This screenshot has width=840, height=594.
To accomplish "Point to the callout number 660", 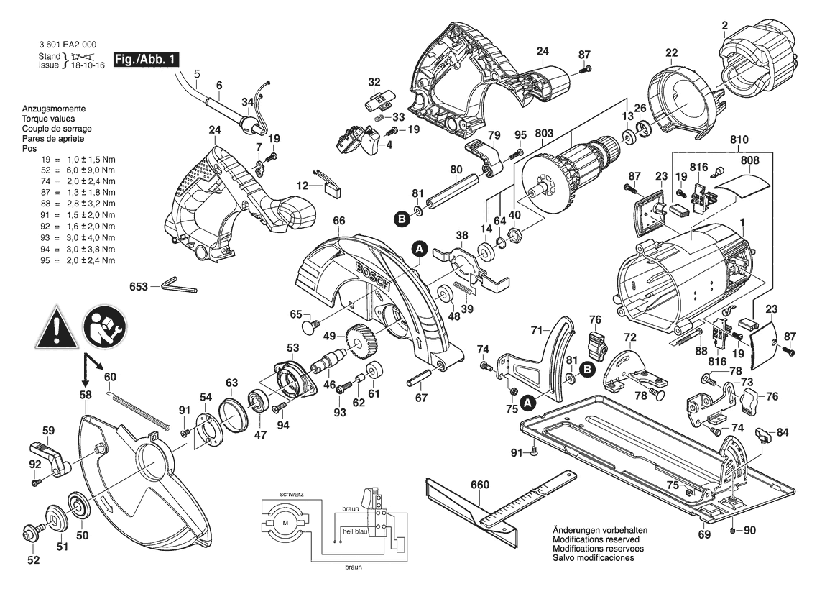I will (x=479, y=485).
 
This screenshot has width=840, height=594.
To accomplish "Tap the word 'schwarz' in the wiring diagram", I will (x=292, y=495).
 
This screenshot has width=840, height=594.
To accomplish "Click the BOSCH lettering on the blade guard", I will (x=371, y=276).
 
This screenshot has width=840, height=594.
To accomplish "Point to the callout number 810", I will (x=739, y=139).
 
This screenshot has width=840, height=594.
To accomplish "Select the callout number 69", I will (x=704, y=534).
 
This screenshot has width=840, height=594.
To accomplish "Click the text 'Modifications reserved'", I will (x=596, y=539).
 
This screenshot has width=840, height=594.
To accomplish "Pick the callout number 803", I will (x=544, y=133).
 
